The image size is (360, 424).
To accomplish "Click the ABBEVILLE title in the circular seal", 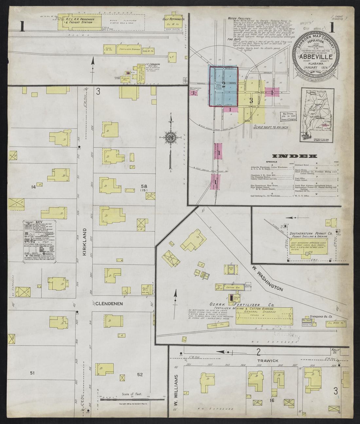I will [315, 56].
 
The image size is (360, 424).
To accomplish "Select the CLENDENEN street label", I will [109, 304].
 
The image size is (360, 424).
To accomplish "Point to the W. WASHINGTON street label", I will [267, 278].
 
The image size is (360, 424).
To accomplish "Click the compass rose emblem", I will [171, 137].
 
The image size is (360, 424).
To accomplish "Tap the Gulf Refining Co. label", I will [174, 19].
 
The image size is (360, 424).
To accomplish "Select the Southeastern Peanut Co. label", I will [311, 233].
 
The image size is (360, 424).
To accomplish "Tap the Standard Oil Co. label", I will [321, 316].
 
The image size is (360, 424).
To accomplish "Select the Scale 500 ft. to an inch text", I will [270, 127].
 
